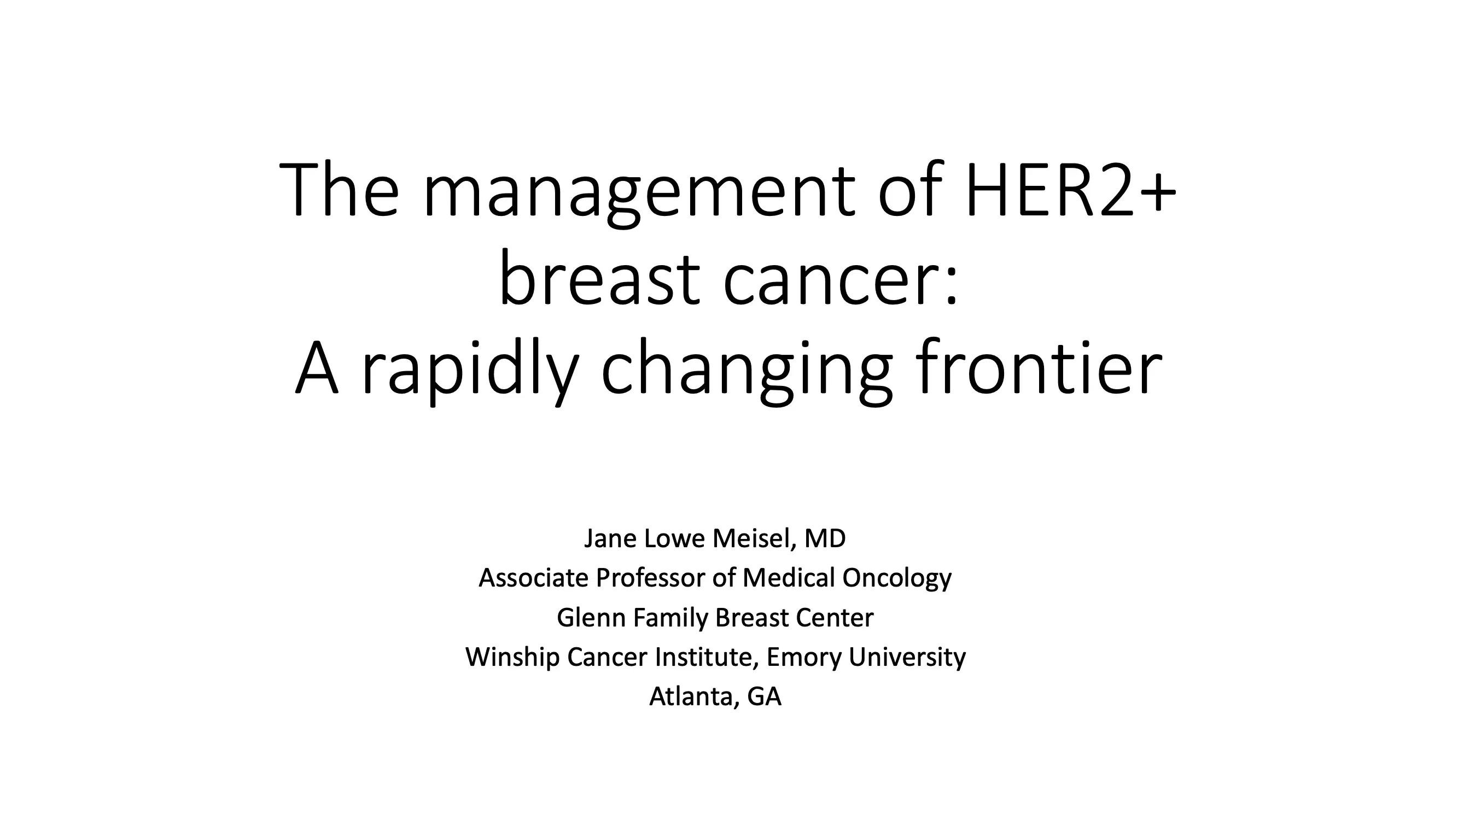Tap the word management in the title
pos(639,192)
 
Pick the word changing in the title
pos(747,371)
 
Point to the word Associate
pos(534,578)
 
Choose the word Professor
pos(650,578)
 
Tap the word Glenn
pos(592,617)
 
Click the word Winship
pos(512,658)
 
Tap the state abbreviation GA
pos(765,696)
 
